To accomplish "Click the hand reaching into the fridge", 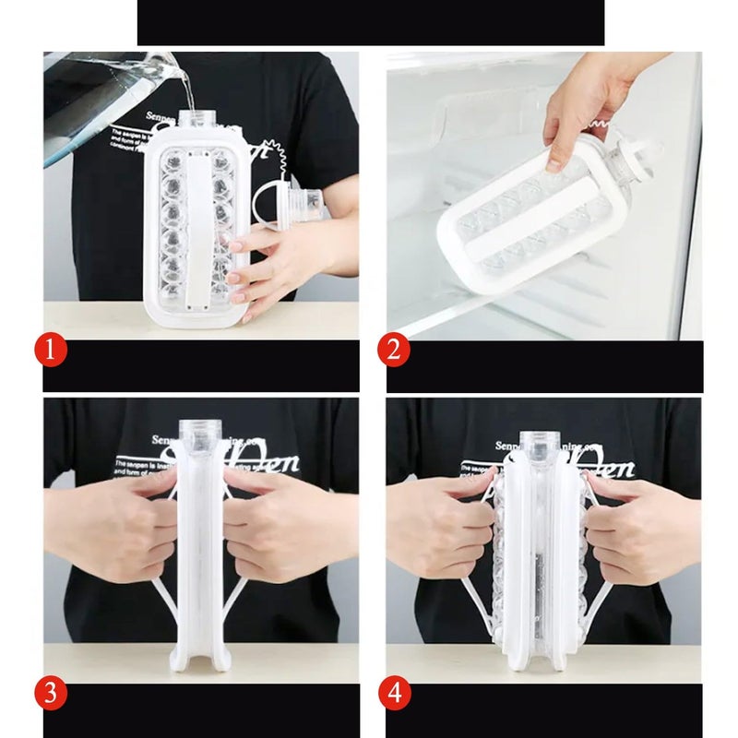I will pyautogui.click(x=577, y=111).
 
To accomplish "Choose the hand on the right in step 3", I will pyautogui.click(x=286, y=526).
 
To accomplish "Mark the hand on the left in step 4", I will pyautogui.click(x=443, y=526).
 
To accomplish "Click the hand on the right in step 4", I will pyautogui.click(x=637, y=526).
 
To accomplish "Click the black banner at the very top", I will pyautogui.click(x=369, y=22).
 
